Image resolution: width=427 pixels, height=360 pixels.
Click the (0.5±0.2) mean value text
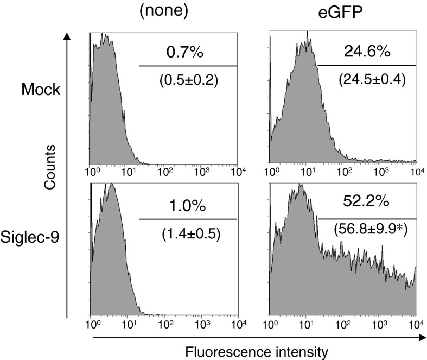click(188, 80)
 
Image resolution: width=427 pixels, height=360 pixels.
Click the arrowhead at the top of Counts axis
click(66, 36)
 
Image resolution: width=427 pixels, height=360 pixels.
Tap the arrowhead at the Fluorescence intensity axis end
click(421, 337)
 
